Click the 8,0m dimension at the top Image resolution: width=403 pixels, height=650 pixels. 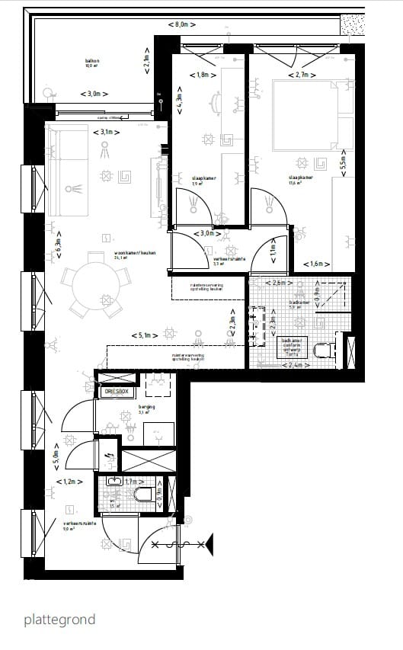(181, 24)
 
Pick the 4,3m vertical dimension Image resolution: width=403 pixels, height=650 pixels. (180, 103)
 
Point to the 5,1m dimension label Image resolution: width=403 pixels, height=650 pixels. (144, 335)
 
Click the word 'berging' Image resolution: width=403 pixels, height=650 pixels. (146, 408)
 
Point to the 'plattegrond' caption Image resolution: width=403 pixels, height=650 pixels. (59, 619)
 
